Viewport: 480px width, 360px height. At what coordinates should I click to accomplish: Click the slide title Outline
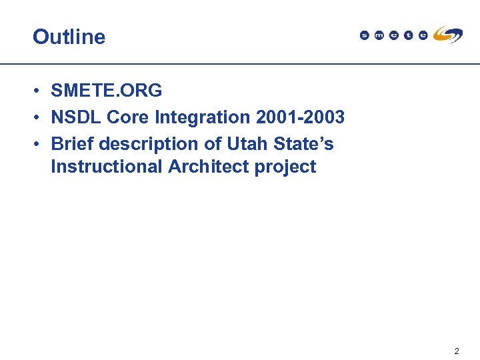(69, 37)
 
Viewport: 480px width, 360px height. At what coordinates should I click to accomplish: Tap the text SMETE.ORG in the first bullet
(107, 90)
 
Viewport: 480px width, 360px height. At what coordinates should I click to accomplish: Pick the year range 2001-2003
(300, 117)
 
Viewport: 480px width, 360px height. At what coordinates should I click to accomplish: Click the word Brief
(73, 144)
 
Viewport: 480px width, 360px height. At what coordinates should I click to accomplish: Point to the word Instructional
(107, 167)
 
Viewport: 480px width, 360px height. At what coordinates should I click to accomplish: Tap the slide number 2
(457, 351)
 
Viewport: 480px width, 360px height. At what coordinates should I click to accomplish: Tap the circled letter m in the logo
(379, 35)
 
